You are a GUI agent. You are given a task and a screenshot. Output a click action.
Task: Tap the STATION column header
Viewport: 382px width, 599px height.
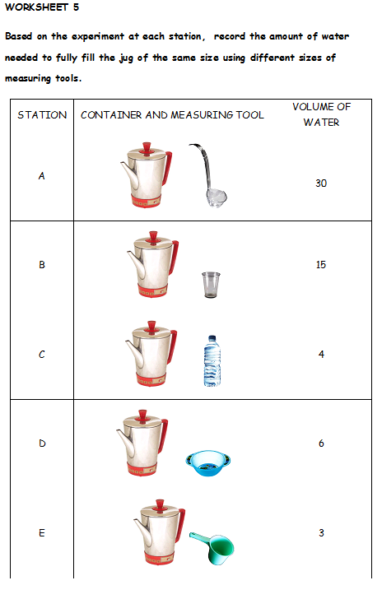(x=42, y=115)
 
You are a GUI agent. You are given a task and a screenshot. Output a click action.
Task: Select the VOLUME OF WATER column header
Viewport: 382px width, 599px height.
(x=320, y=115)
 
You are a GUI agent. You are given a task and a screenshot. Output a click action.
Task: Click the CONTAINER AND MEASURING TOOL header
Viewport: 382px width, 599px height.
(x=172, y=115)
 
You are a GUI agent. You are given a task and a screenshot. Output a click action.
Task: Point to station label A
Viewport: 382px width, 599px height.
(x=41, y=174)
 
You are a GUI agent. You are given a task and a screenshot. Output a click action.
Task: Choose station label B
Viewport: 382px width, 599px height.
(x=41, y=265)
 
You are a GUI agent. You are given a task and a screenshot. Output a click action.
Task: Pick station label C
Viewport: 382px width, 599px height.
(x=41, y=355)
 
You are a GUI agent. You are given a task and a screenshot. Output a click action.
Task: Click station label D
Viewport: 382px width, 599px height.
(x=41, y=443)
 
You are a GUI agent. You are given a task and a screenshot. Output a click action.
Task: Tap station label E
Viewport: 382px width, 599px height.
(x=41, y=533)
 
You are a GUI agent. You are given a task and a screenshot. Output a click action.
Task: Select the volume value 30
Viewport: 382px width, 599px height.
(x=321, y=183)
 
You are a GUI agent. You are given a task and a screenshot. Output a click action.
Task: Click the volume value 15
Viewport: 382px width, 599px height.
(x=321, y=265)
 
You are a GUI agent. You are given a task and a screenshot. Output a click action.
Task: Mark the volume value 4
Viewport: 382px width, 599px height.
(x=321, y=355)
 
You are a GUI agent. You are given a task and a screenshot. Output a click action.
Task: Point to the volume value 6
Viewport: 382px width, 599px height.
(x=321, y=443)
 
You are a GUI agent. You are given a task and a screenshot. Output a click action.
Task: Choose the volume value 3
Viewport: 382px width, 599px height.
(x=321, y=533)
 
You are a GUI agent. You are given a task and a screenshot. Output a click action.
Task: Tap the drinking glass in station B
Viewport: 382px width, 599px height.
(x=211, y=285)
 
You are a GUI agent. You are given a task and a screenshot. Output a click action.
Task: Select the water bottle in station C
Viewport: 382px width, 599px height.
(x=212, y=360)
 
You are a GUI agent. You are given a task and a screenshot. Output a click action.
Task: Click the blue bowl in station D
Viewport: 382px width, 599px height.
(x=208, y=463)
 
